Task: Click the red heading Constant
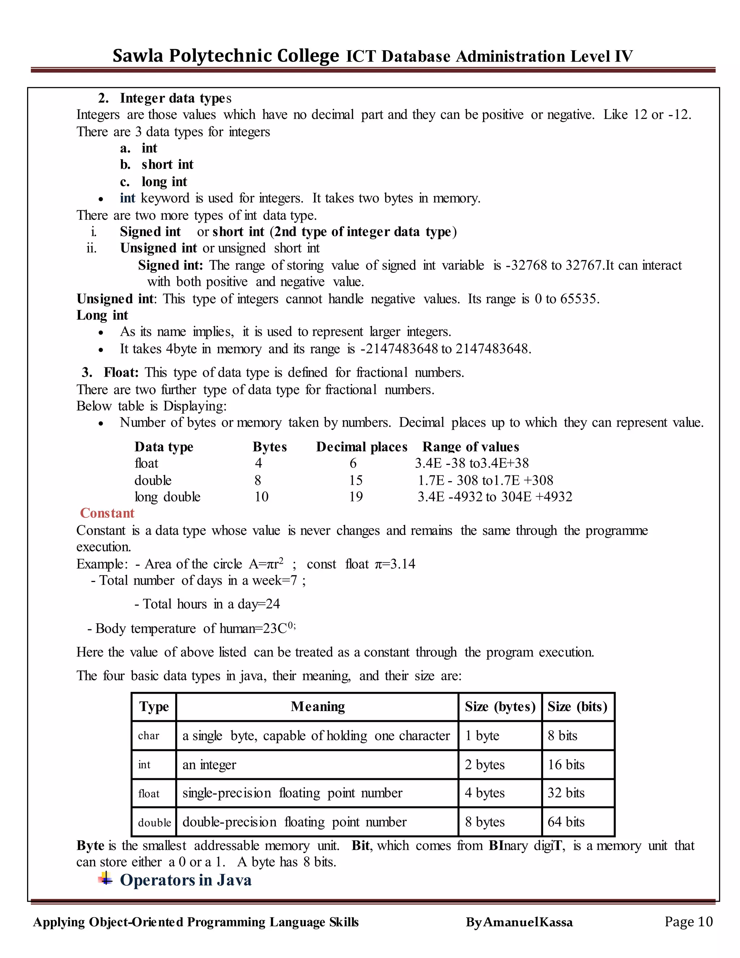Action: point(107,513)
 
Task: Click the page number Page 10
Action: point(688,921)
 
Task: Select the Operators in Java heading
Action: point(185,880)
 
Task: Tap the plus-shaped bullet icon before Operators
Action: point(105,878)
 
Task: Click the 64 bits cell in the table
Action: point(565,822)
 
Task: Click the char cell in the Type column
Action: point(149,736)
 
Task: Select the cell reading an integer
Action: point(209,765)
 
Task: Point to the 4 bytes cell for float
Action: point(485,793)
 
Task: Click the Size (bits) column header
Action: point(577,707)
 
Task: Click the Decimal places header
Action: point(362,447)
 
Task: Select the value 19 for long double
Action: point(356,497)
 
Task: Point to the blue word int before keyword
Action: point(127,198)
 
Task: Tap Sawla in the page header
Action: point(138,56)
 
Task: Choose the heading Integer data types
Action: point(175,98)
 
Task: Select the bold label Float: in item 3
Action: point(121,373)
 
